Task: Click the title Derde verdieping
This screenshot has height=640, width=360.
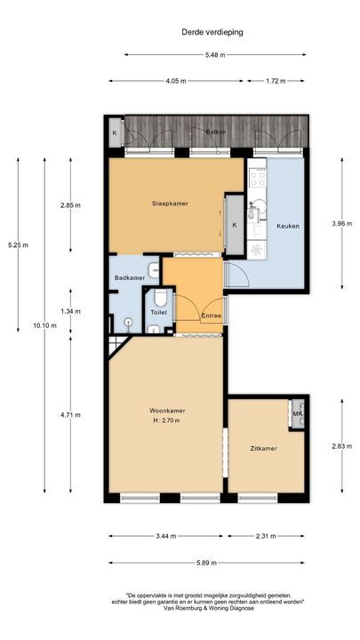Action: [212, 32]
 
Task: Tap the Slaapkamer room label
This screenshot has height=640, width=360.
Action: [169, 204]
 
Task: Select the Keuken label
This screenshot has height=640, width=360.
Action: [287, 226]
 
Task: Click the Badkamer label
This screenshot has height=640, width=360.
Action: [129, 278]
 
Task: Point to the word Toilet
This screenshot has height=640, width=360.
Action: [158, 312]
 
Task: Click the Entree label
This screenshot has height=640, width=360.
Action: [212, 316]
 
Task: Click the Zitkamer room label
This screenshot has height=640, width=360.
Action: [262, 449]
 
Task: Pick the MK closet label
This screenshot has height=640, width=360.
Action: [298, 414]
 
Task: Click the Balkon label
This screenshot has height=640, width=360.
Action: [215, 132]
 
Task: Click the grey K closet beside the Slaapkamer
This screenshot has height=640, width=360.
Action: [235, 225]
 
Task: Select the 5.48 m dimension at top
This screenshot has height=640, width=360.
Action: [215, 55]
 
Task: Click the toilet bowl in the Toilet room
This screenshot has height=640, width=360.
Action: [157, 298]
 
